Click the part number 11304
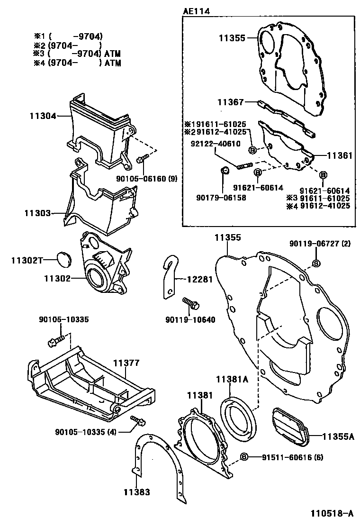(x=43, y=115)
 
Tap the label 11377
(x=126, y=363)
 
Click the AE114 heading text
(x=197, y=10)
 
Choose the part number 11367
(x=231, y=102)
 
